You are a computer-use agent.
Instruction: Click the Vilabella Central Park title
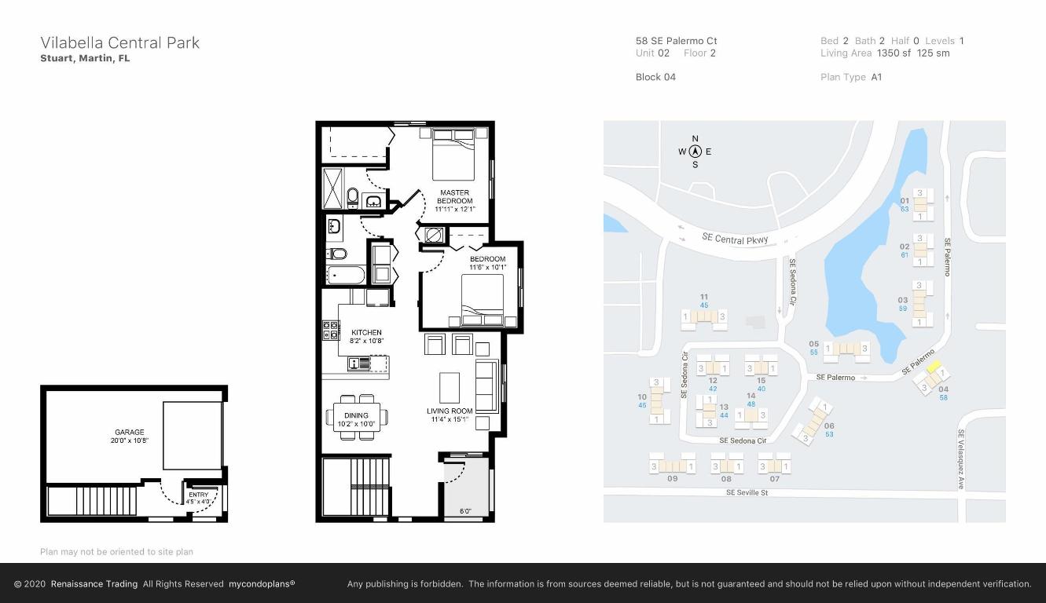[x=119, y=42]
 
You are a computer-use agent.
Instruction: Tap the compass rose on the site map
[x=695, y=152]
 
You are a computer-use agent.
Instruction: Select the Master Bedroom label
[x=454, y=196]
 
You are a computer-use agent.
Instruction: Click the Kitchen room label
[x=366, y=336]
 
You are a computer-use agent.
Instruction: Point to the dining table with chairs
[x=356, y=416]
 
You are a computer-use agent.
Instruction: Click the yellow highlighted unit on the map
[x=934, y=366]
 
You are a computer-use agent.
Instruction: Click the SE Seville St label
[x=747, y=492]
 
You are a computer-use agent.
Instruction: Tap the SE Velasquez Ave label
[x=960, y=459]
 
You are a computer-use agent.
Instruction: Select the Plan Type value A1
[x=876, y=77]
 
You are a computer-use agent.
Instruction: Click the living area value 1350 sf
[x=894, y=53]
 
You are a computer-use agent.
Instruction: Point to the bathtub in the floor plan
[x=346, y=276]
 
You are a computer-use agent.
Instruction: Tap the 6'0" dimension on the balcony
[x=466, y=511]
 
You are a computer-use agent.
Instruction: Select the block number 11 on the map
[x=703, y=297]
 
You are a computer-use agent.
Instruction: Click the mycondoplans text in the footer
[x=262, y=584]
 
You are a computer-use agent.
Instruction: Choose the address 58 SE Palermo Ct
[x=676, y=41]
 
